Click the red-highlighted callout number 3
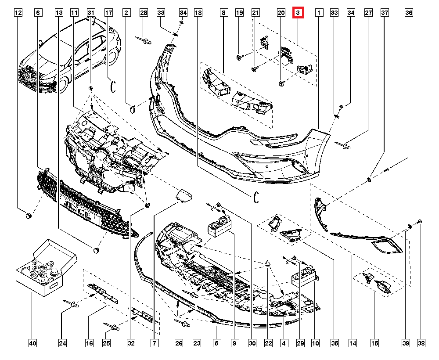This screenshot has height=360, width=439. tap(298, 13)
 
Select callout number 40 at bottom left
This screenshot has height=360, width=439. tap(33, 343)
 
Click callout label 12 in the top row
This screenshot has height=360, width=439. tap(18, 13)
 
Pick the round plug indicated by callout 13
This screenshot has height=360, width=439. tap(97, 250)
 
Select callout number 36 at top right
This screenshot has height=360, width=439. tap(409, 13)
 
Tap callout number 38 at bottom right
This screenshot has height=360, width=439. tap(421, 343)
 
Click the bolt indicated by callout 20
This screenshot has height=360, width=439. tap(281, 83)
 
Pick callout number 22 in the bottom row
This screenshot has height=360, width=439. tap(268, 343)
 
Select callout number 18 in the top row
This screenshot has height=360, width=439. tap(198, 13)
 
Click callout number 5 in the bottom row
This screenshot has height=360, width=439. tap(217, 343)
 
